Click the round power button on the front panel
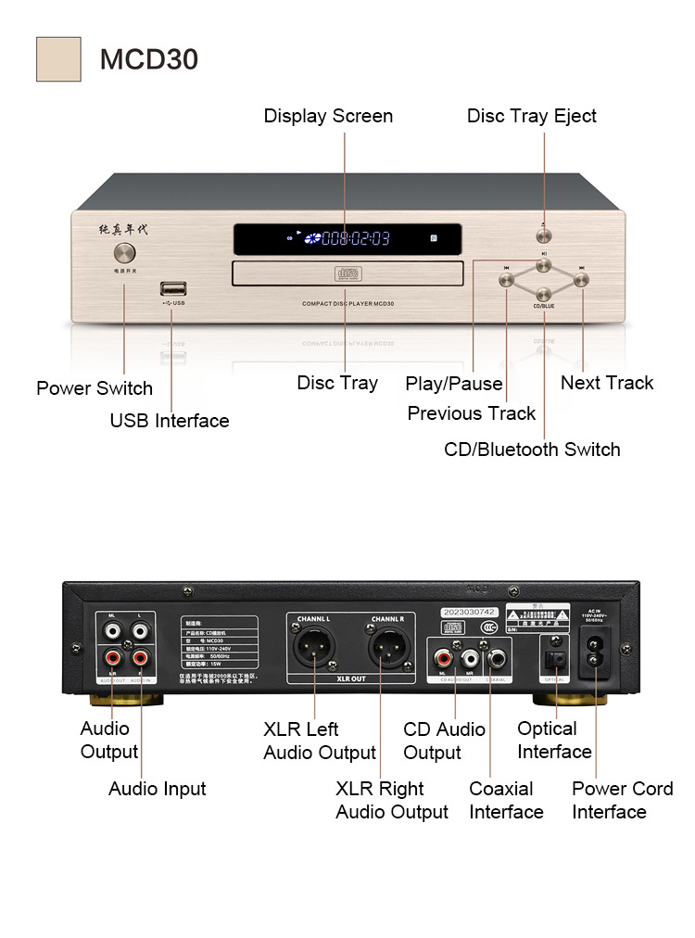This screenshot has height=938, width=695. click(124, 254)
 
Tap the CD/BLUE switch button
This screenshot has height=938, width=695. click(544, 295)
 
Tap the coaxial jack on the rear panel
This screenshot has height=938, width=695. click(498, 659)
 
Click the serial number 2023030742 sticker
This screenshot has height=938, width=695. click(471, 613)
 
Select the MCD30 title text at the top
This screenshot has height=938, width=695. click(148, 59)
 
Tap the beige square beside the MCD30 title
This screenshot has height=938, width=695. click(58, 59)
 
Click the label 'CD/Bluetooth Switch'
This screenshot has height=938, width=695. click(532, 450)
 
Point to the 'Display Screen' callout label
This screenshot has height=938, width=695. click(328, 116)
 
